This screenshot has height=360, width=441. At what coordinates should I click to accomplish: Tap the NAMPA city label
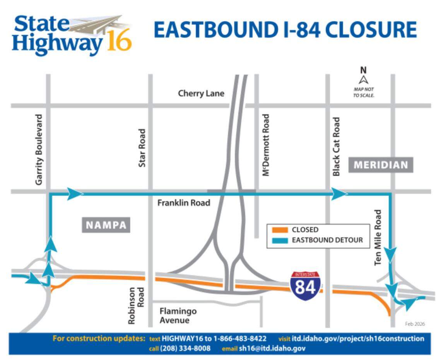106,225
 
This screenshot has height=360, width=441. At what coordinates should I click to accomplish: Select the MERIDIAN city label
381,165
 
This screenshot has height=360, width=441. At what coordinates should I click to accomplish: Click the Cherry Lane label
201,93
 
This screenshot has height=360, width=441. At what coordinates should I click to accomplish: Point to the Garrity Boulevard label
39,149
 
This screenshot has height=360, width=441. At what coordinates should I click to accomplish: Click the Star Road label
142,148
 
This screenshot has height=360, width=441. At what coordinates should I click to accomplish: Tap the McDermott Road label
265,145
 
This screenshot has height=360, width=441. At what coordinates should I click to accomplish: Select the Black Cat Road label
336,147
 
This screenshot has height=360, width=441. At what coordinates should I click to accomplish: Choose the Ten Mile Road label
378,237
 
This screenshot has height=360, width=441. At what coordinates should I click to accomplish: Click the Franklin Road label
184,203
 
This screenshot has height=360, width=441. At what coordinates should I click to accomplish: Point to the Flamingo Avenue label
178,315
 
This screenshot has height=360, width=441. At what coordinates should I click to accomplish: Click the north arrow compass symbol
363,80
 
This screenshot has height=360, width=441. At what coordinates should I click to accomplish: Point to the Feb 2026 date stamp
415,324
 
